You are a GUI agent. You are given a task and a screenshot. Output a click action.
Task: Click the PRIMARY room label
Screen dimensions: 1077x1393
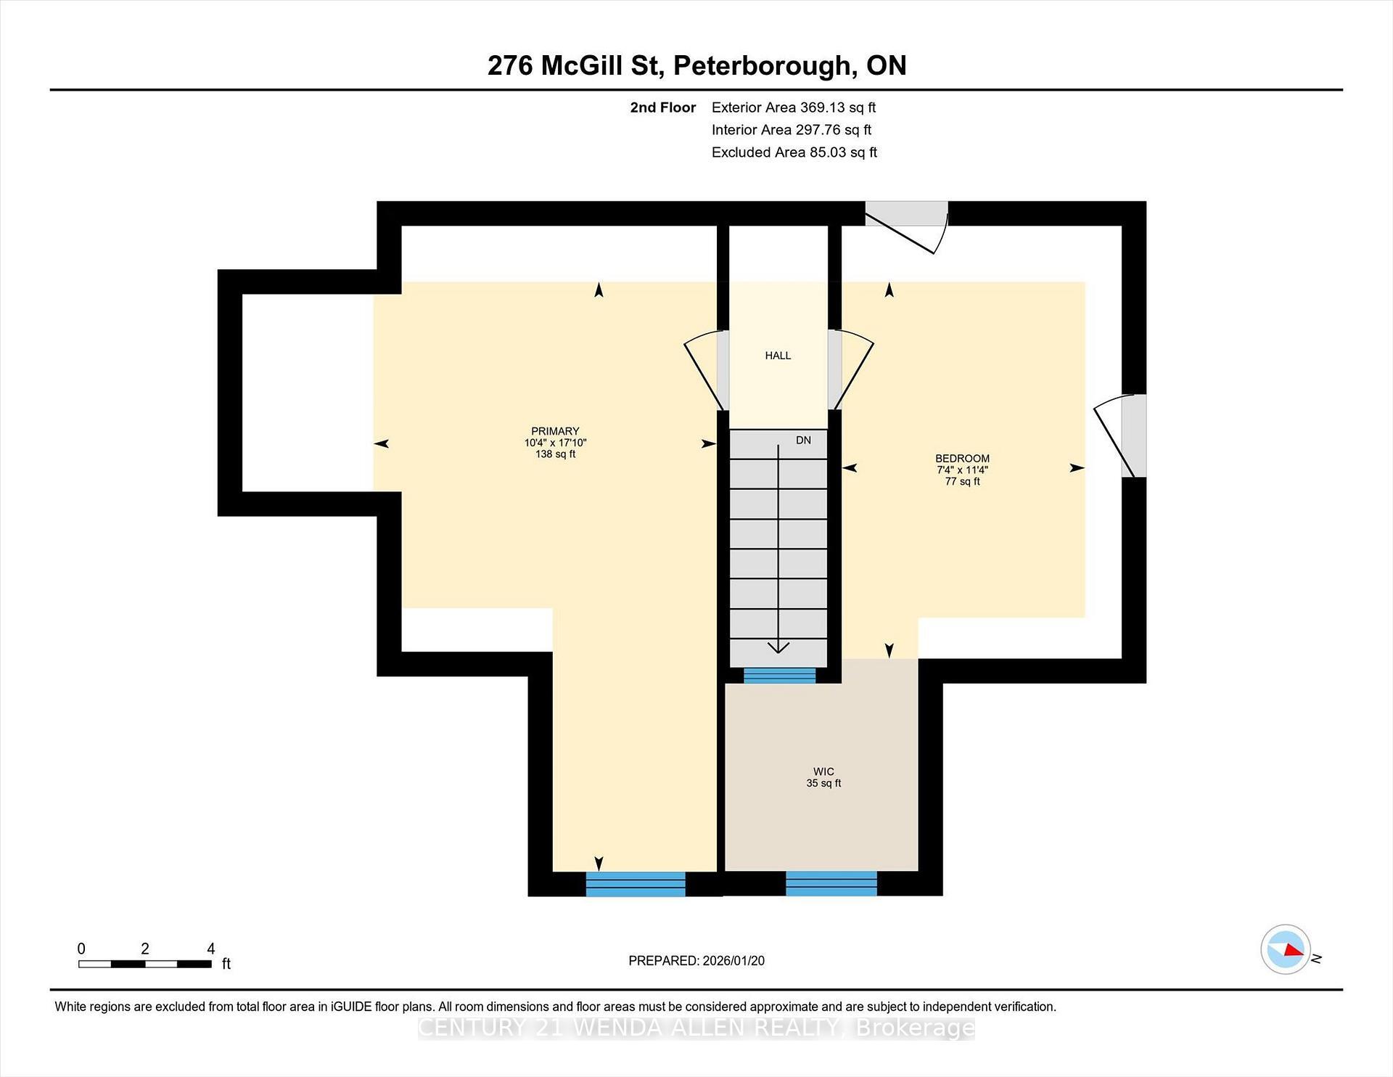coord(555,431)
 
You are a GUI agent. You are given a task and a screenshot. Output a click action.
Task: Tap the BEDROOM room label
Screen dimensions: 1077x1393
coord(962,459)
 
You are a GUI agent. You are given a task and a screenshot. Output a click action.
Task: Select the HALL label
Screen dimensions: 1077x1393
coord(778,356)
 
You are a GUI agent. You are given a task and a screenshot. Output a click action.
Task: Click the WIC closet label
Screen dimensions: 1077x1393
coord(823,772)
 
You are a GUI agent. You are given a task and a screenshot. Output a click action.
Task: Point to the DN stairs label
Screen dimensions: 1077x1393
coord(803,441)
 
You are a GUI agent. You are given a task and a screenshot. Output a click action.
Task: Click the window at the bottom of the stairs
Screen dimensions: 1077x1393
coord(779,676)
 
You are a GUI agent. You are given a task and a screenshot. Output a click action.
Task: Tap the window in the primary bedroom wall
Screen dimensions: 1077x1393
coord(636,884)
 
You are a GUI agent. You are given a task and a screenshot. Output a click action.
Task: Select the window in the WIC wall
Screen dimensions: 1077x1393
coord(831,884)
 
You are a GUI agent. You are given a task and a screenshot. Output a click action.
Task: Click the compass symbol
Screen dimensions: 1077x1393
coord(1286,949)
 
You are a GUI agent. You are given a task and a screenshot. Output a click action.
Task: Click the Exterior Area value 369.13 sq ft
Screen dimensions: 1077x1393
coord(837,107)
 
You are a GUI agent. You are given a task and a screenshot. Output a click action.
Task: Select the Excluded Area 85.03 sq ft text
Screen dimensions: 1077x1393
coord(794,152)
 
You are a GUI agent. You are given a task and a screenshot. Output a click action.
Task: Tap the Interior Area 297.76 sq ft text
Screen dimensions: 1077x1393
coord(791,130)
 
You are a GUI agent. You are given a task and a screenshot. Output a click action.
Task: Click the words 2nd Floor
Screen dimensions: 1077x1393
coord(662,107)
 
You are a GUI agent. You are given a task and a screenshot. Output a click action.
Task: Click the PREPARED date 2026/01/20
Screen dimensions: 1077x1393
coord(733,961)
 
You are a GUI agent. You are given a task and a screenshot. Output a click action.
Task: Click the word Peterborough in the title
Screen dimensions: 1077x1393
coord(763,65)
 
